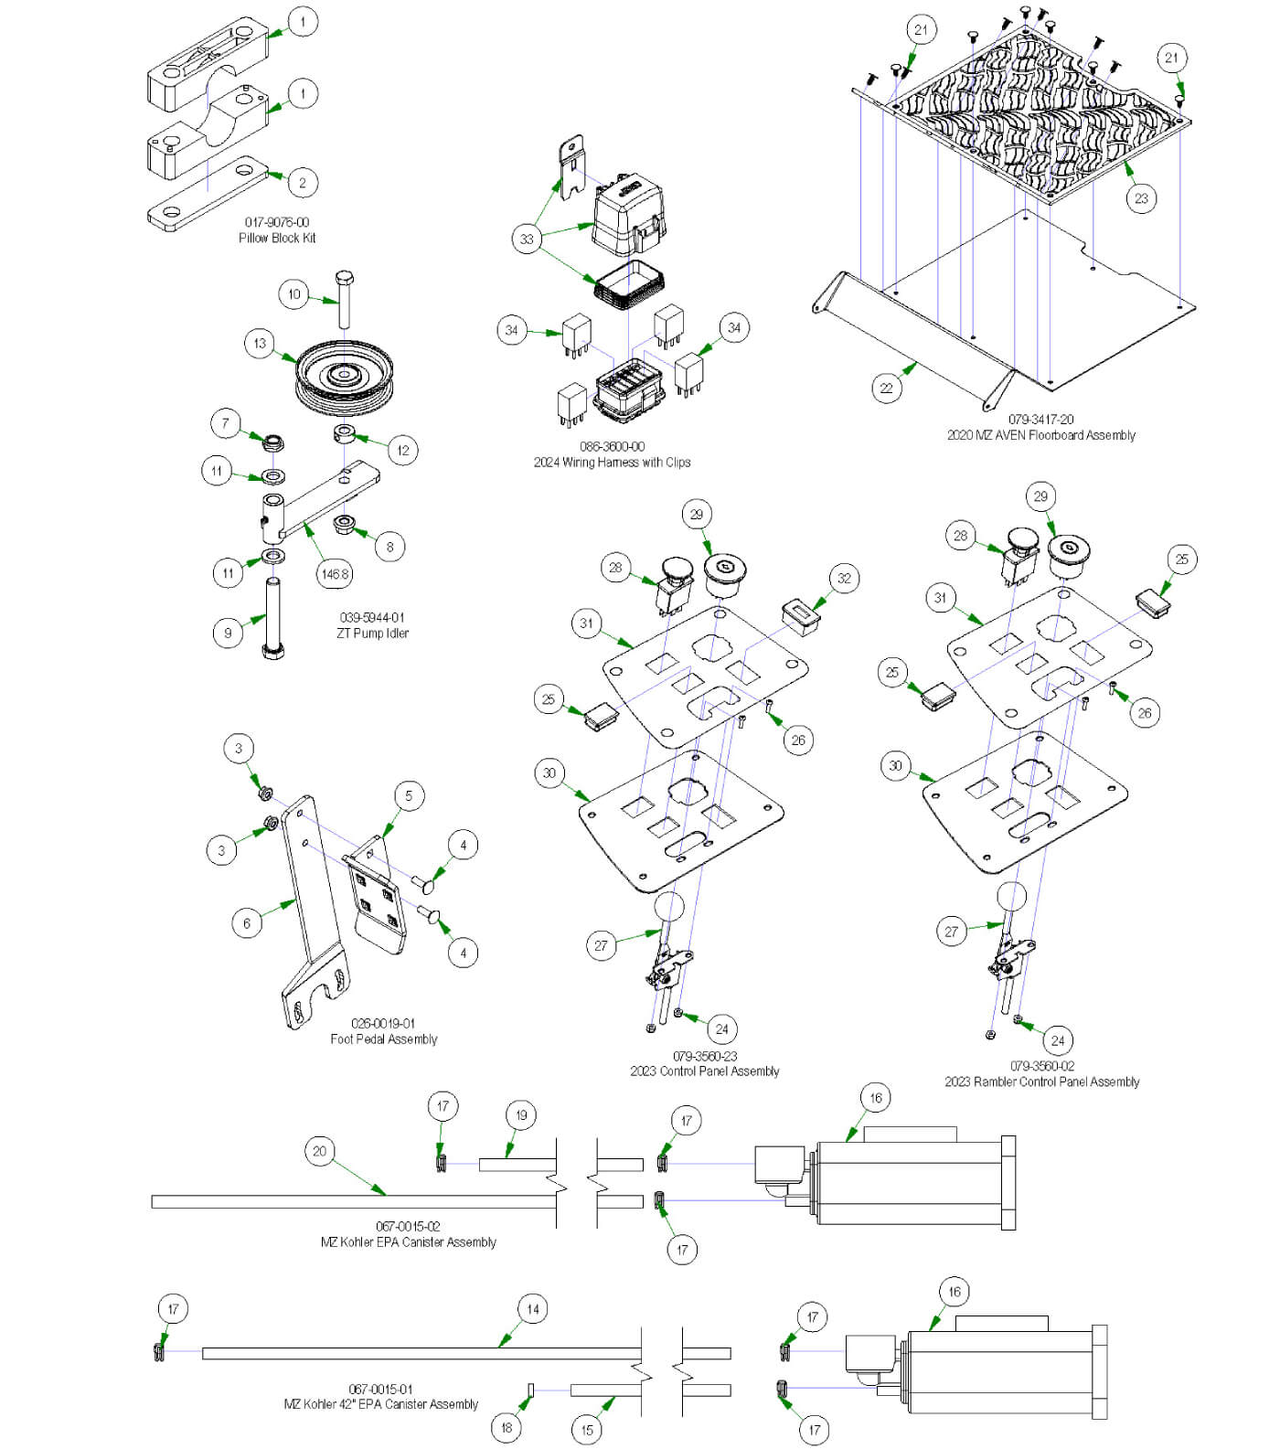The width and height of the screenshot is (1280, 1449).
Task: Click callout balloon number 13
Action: pos(260,344)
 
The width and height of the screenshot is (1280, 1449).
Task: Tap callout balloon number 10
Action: pos(293,294)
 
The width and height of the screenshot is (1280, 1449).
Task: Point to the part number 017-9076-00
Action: pos(277,222)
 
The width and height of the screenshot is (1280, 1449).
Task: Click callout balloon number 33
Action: pos(527,240)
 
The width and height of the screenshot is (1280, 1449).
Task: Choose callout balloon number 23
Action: pos(1141,198)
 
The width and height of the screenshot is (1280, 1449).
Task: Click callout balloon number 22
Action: pos(886,388)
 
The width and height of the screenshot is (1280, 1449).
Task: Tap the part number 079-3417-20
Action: pos(1040,420)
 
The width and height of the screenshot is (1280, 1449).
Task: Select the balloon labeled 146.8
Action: pos(334,574)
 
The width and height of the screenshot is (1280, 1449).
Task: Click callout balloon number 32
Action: pos(844,578)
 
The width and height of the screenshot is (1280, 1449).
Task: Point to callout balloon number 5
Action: pos(409,795)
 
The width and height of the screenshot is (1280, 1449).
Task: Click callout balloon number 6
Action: pos(246,923)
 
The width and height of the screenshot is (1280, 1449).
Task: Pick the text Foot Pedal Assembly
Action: pos(384,1039)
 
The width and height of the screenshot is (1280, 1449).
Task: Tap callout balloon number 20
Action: pos(319,1151)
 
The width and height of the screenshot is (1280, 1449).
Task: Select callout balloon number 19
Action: pos(521,1115)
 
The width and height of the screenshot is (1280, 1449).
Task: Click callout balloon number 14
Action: pos(533,1309)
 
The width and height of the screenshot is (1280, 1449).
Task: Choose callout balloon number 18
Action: pos(506,1427)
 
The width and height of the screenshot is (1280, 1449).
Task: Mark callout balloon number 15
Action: pos(587,1430)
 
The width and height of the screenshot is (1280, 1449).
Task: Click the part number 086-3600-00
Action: pos(612,447)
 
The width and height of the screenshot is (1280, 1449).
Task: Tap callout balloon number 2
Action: pos(303,182)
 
